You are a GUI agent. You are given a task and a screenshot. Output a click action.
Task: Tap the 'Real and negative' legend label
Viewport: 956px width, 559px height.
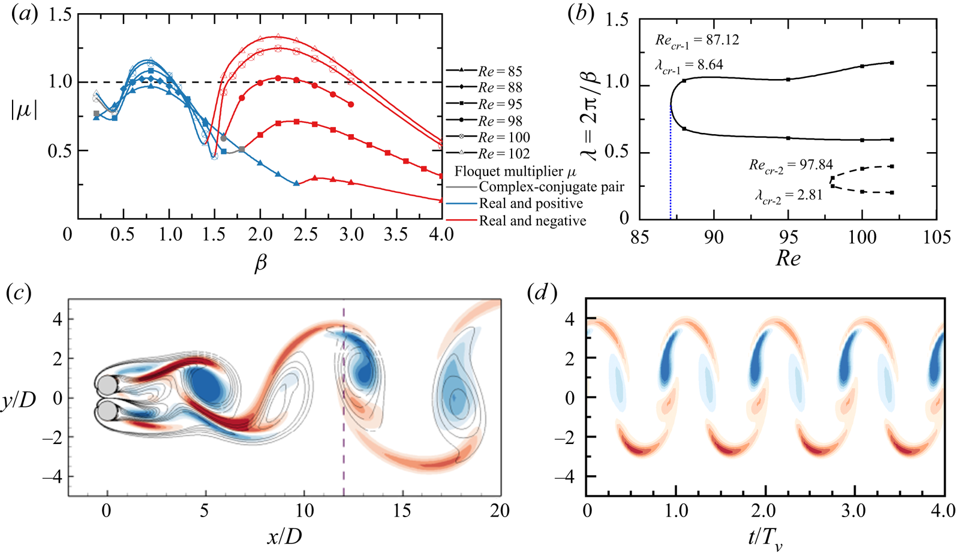click(532, 221)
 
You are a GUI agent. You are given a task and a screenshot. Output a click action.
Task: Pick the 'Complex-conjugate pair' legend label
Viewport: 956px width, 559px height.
click(551, 188)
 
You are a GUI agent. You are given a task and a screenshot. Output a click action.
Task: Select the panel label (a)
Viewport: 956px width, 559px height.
click(25, 15)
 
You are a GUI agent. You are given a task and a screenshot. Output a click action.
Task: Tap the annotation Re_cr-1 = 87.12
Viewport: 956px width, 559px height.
click(697, 41)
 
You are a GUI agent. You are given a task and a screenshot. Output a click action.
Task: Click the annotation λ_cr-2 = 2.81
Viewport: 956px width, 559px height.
click(789, 195)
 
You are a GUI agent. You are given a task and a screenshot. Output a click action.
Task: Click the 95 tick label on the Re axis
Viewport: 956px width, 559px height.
click(788, 237)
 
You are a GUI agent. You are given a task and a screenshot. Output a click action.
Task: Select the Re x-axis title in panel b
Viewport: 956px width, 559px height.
click(787, 259)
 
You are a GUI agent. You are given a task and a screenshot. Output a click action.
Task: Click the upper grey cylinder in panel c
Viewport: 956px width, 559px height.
click(106, 384)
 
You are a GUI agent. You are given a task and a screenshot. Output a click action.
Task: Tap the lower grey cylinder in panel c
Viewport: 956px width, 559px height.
click(106, 411)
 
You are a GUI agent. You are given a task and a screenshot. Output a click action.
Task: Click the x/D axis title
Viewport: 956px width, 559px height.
click(284, 536)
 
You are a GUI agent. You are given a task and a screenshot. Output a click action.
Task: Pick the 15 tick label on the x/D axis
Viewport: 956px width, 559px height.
click(402, 511)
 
